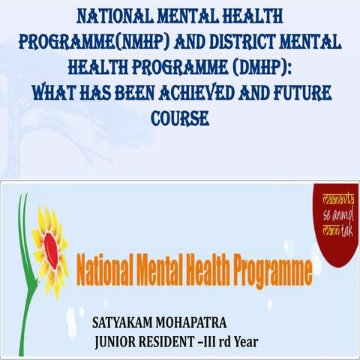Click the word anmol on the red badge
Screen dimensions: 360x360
pyautogui.click(x=333, y=211)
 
